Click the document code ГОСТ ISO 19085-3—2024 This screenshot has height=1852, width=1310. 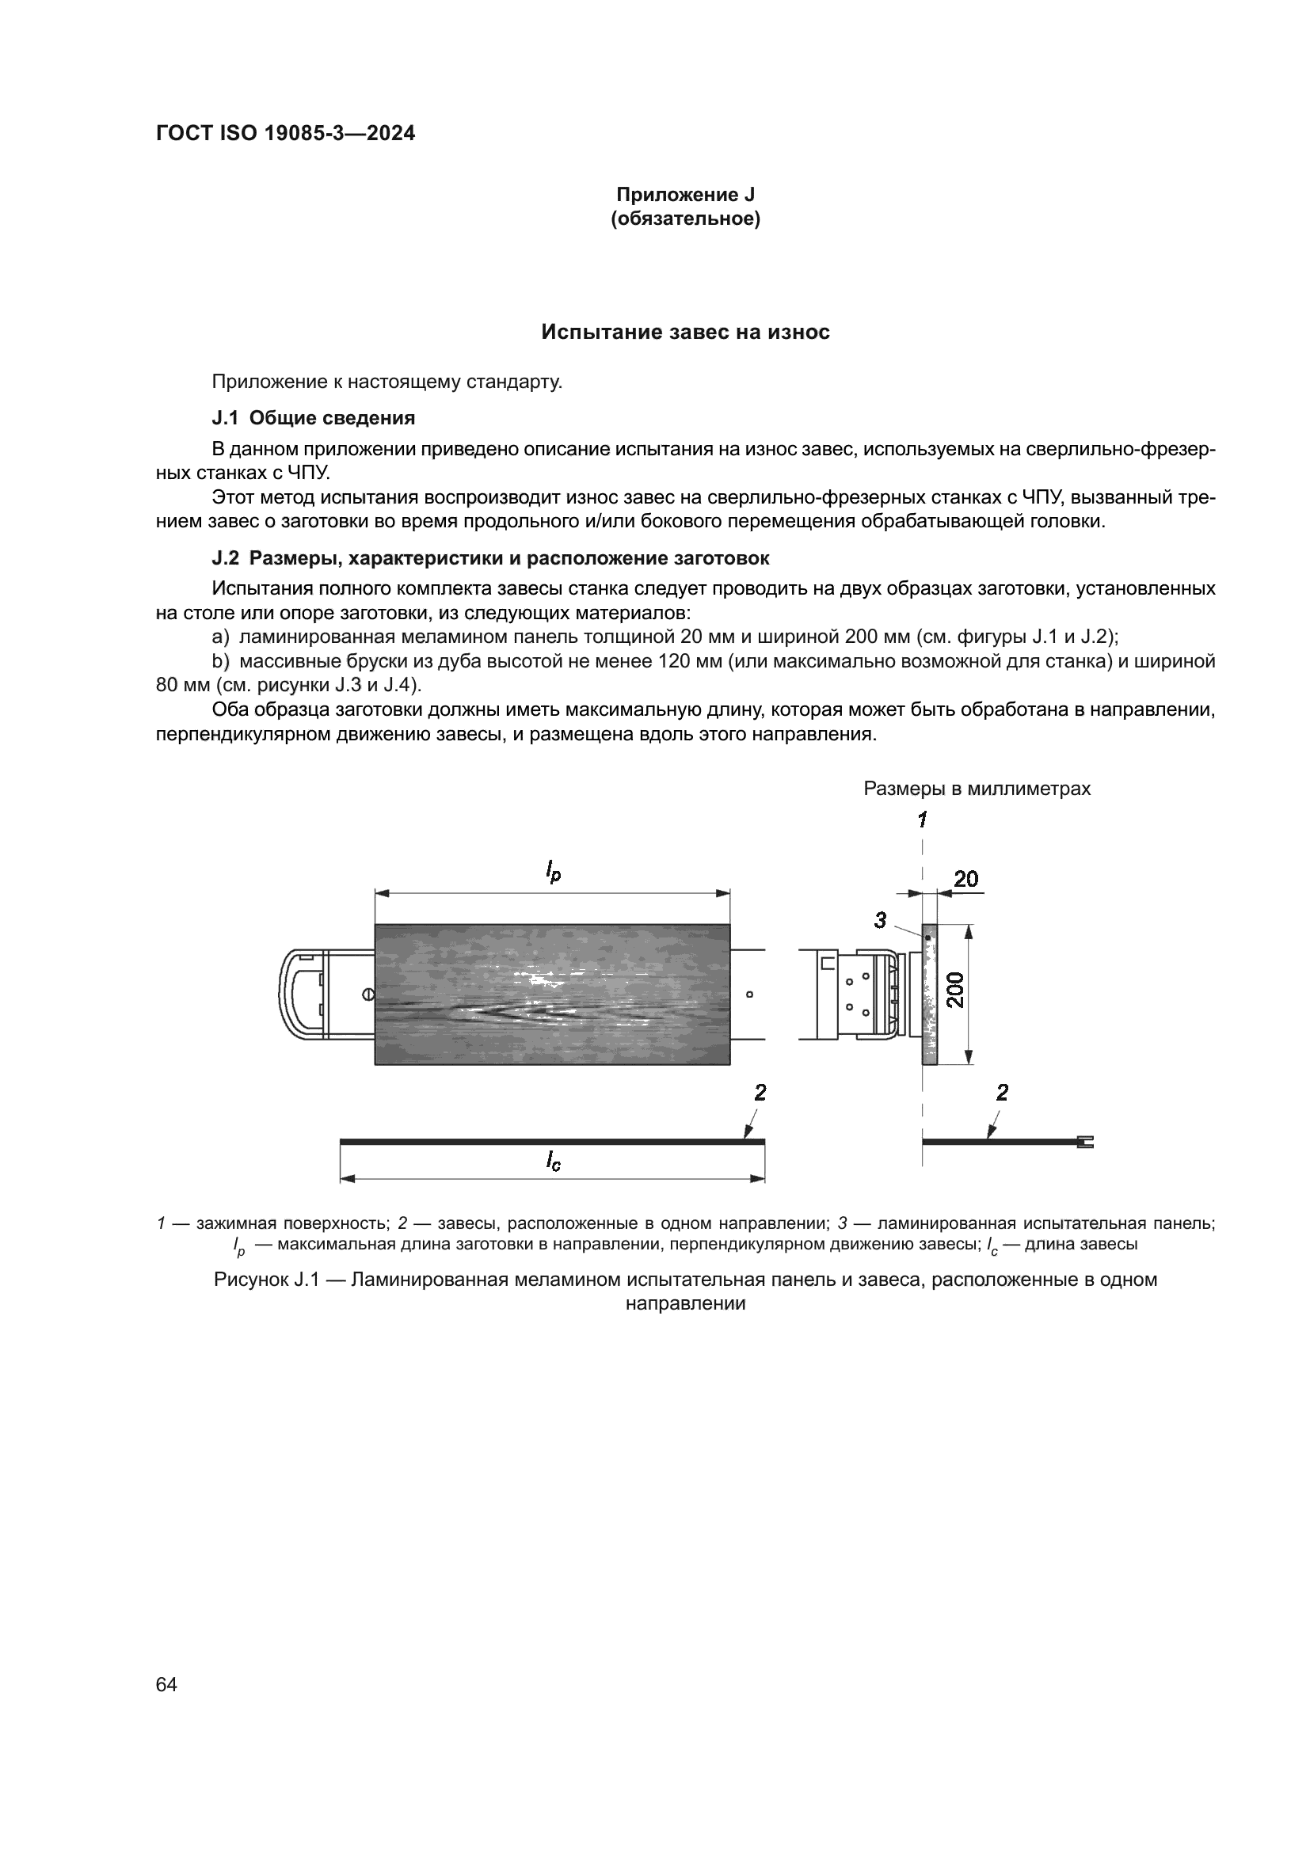pyautogui.click(x=285, y=134)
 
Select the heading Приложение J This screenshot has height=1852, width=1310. pyautogui.click(x=685, y=195)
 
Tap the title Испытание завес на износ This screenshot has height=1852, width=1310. pyautogui.click(x=685, y=333)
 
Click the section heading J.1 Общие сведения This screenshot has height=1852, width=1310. pyautogui.click(x=313, y=418)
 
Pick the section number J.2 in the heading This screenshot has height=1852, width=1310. pyautogui.click(x=226, y=558)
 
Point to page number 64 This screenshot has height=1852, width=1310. pyautogui.click(x=166, y=1684)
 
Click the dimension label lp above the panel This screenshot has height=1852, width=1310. pyautogui.click(x=553, y=871)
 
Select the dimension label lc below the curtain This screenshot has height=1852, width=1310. pyautogui.click(x=553, y=1161)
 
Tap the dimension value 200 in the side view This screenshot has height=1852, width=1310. pyautogui.click(x=955, y=990)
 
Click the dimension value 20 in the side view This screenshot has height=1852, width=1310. pyautogui.click(x=965, y=878)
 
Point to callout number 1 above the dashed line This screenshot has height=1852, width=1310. pyautogui.click(x=922, y=820)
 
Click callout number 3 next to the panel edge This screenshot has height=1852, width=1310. pyautogui.click(x=880, y=919)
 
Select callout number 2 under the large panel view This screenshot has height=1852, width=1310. pyautogui.click(x=759, y=1093)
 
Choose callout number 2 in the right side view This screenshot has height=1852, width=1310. pyautogui.click(x=1002, y=1093)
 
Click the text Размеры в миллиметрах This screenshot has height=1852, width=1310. pyautogui.click(x=977, y=788)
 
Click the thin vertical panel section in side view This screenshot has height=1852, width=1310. pyautogui.click(x=930, y=994)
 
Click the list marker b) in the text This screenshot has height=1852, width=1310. pyautogui.click(x=220, y=661)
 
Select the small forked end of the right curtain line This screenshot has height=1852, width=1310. pyautogui.click(x=1085, y=1142)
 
